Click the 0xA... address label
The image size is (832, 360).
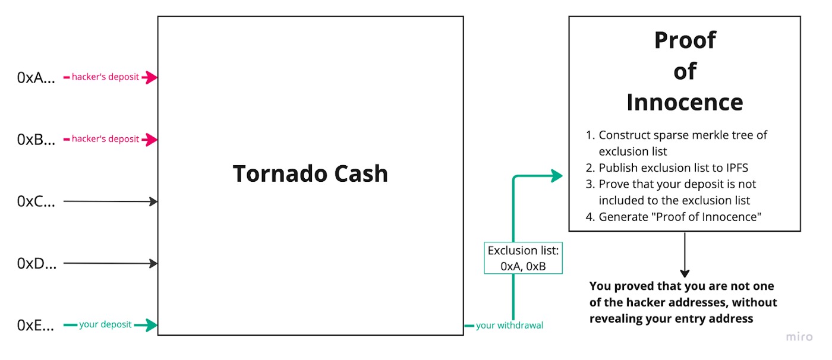point(36,77)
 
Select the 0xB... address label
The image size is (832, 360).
point(36,140)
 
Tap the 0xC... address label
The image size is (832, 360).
point(36,201)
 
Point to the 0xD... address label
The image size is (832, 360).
point(36,263)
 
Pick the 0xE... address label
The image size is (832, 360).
point(36,325)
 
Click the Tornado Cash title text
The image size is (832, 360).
point(310,173)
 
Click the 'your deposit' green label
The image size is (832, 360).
point(106,325)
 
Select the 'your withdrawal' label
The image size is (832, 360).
point(509,326)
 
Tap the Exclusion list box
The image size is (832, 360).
point(523,258)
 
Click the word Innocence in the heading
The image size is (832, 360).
point(685,102)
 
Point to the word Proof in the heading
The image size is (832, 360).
point(685,40)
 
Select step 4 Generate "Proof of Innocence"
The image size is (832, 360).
point(680,217)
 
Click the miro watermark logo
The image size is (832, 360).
point(799,337)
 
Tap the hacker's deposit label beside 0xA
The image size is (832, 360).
point(105,77)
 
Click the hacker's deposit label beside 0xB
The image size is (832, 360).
point(105,139)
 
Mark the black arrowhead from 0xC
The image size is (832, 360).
point(154,202)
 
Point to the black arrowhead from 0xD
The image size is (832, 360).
point(154,264)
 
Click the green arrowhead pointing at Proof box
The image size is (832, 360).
point(557,176)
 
